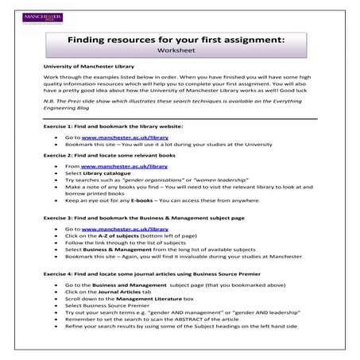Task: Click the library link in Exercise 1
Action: click(x=118, y=137)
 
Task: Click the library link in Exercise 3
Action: click(x=118, y=228)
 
